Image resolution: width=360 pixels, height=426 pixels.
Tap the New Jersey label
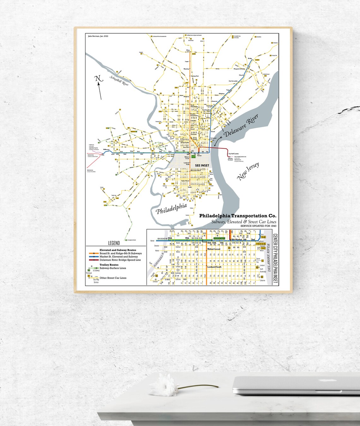point(248,171)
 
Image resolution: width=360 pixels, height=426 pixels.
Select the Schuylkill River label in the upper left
point(119,81)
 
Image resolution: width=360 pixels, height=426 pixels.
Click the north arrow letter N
point(98,79)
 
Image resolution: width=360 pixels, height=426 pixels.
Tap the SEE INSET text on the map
point(202,166)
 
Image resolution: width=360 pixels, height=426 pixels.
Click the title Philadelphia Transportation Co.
point(237,216)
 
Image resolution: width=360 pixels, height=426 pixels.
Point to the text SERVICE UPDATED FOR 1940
point(258,226)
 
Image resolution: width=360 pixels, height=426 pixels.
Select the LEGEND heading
point(114,243)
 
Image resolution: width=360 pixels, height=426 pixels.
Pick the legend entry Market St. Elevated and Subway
point(118,257)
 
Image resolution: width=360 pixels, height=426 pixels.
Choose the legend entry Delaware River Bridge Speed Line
point(120,260)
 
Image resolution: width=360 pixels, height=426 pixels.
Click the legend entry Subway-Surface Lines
point(113,268)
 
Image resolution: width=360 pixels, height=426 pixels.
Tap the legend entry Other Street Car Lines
point(113,278)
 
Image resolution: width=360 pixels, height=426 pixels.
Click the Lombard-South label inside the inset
point(214,267)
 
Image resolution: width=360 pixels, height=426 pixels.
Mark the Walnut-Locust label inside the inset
point(214,249)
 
